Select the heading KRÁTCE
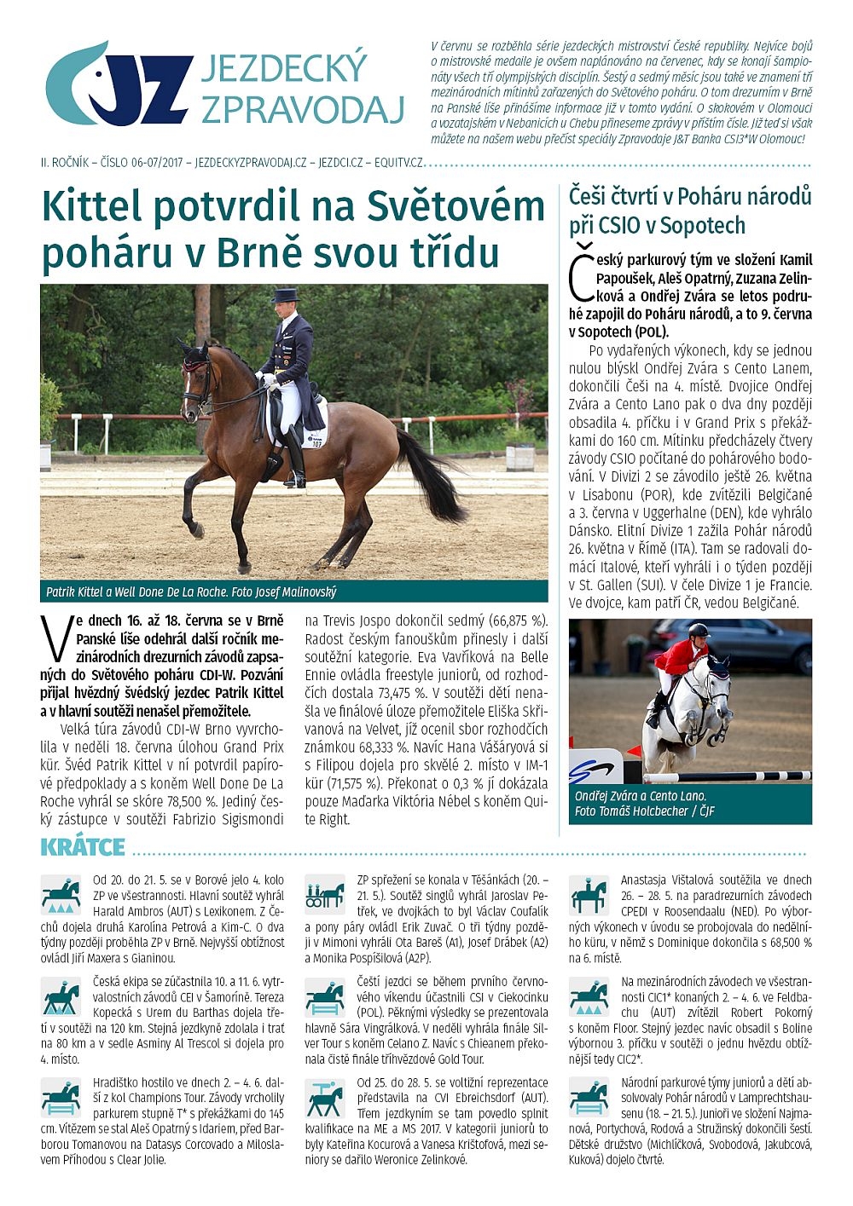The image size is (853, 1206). tap(83, 847)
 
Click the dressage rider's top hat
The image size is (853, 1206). tap(284, 296)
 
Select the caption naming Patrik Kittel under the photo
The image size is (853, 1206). tap(191, 591)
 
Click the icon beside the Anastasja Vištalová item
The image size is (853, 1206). tap(589, 894)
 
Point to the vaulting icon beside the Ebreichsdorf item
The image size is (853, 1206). tap(324, 1099)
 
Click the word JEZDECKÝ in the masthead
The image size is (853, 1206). tap(284, 69)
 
